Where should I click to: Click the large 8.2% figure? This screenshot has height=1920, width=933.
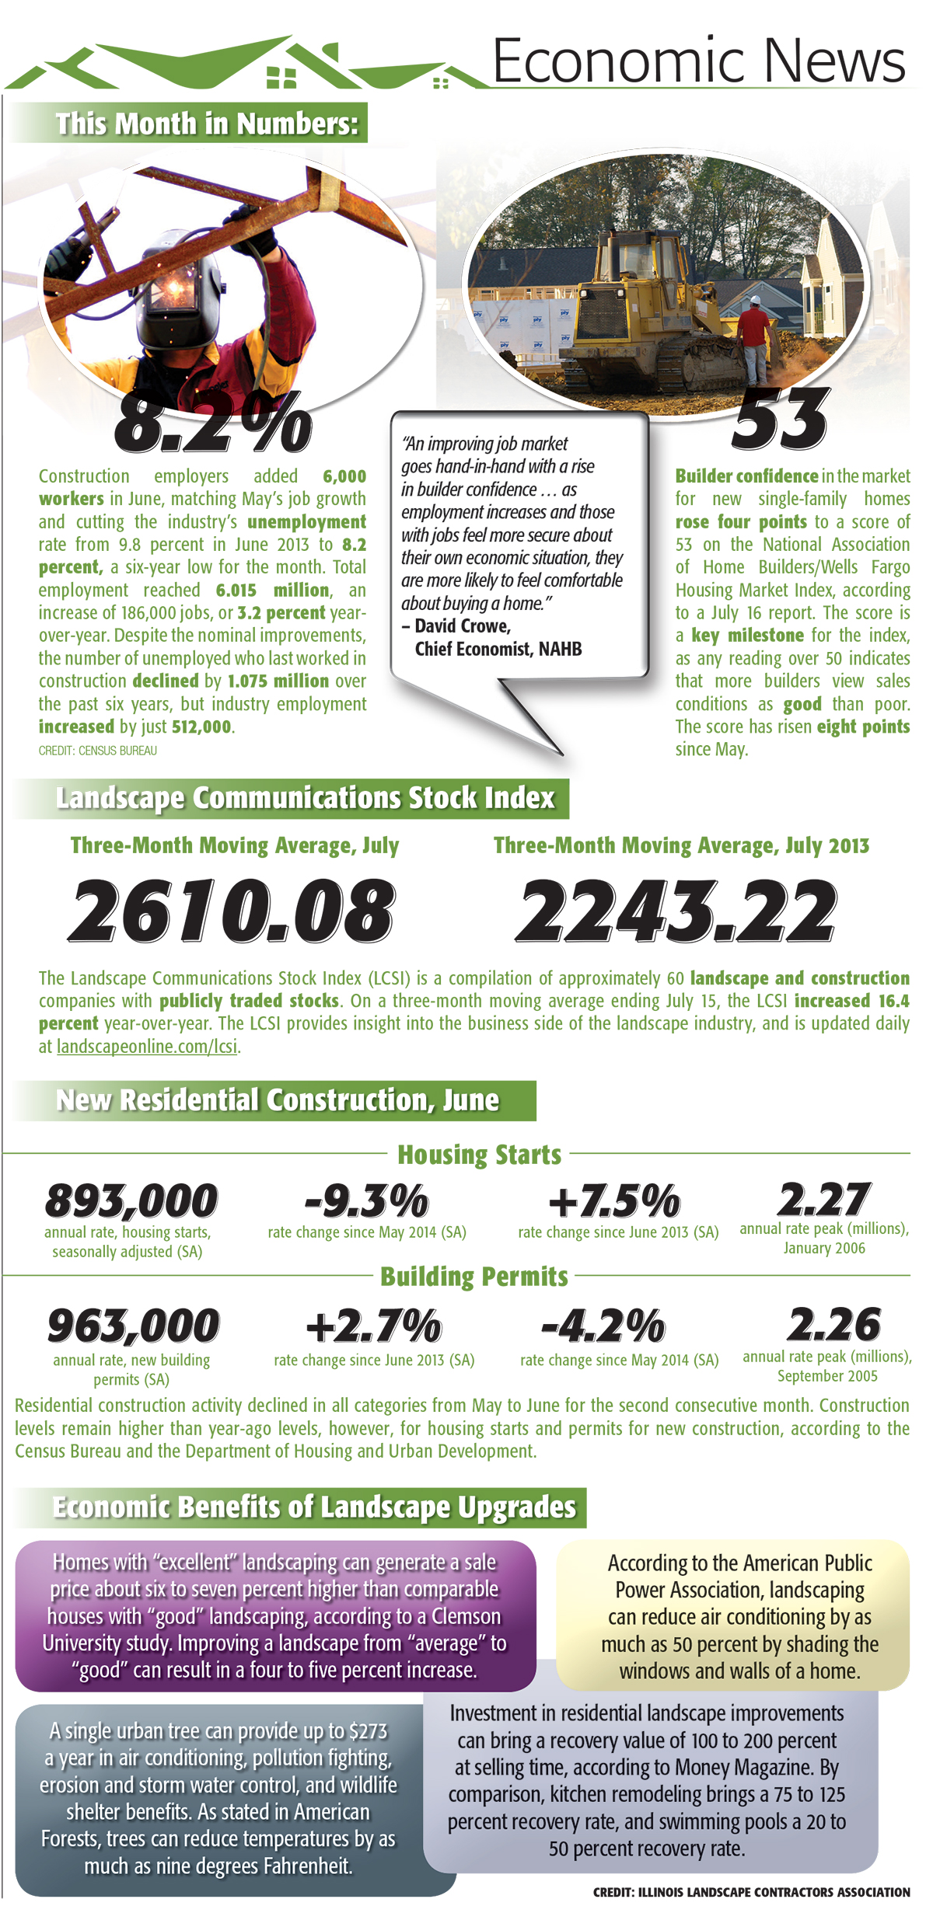(213, 423)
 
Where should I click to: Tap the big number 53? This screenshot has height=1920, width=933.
(780, 420)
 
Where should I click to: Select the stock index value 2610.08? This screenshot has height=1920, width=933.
(232, 911)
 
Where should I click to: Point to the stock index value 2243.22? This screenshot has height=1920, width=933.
(676, 911)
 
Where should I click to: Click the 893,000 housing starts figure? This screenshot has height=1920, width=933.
(131, 1200)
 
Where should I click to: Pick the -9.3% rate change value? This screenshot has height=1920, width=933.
(366, 1200)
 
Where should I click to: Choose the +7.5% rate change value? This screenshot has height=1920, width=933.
(614, 1200)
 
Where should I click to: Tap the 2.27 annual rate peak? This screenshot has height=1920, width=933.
(823, 1199)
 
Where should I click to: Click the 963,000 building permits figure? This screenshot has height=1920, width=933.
(133, 1325)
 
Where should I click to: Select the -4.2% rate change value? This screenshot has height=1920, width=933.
(603, 1325)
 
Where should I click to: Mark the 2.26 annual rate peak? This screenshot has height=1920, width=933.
(833, 1323)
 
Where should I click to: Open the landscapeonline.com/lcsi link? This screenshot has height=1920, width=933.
(147, 1047)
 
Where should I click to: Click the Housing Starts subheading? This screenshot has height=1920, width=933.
(479, 1155)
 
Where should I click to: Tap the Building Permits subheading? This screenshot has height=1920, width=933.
(474, 1277)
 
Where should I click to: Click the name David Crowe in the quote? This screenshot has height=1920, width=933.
(462, 626)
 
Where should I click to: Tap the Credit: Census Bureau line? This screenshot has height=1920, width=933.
(98, 751)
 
